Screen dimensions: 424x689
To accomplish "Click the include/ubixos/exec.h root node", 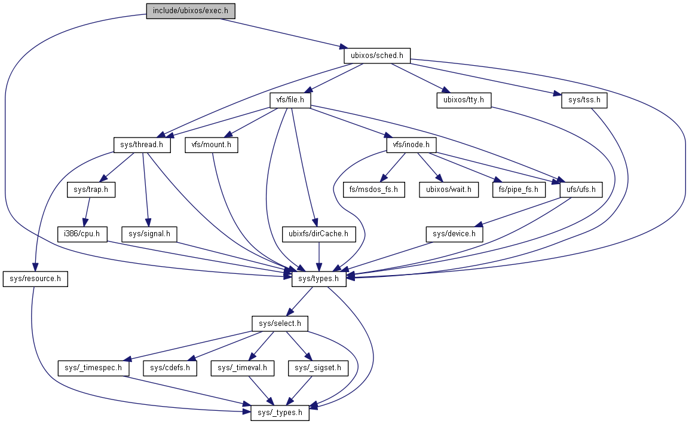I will [x=191, y=11].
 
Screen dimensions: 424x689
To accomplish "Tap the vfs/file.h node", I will [x=290, y=100].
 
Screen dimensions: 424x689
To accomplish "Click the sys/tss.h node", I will [x=584, y=100].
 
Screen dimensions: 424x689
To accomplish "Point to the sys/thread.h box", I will [x=142, y=145].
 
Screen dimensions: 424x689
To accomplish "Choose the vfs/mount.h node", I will [x=212, y=145].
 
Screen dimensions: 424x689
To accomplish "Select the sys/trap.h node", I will [x=91, y=190].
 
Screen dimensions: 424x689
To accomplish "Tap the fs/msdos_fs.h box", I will [x=374, y=190].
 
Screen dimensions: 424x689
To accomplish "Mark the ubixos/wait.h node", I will [x=448, y=190].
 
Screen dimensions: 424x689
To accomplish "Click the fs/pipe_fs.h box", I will [x=519, y=190].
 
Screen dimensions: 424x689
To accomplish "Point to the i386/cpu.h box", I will [x=82, y=234].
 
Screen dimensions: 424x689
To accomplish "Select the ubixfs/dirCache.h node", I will [x=319, y=234].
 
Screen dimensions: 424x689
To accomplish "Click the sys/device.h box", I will [x=454, y=234].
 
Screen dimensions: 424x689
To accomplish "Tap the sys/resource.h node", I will [x=35, y=279].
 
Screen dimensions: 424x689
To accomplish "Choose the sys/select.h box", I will [x=279, y=324].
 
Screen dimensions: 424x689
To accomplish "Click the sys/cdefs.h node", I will [x=170, y=368].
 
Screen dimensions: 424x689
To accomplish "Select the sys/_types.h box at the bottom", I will [x=280, y=412].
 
